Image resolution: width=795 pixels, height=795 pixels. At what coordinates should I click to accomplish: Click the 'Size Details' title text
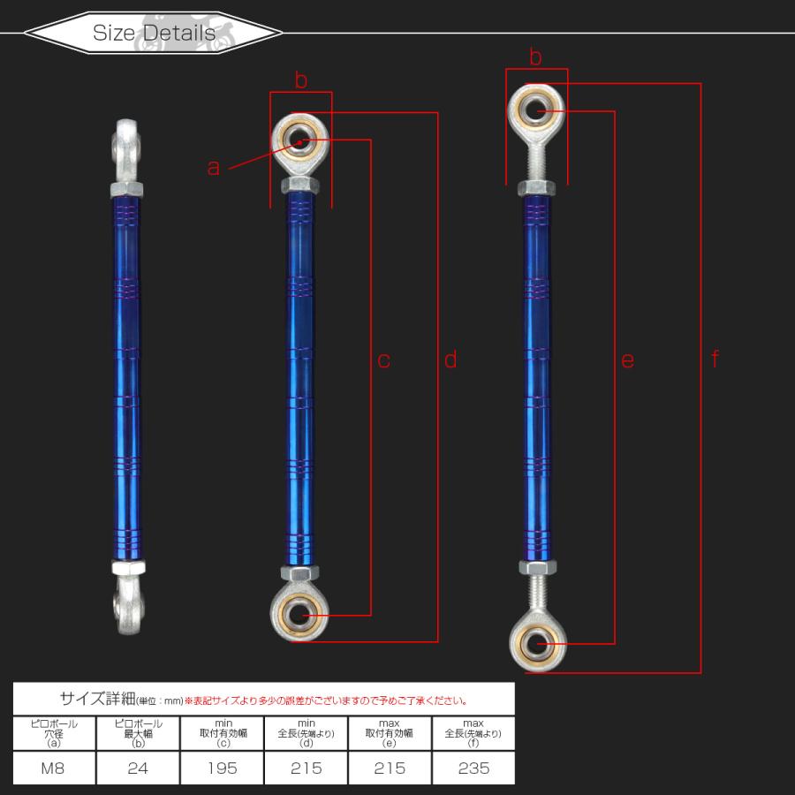154,34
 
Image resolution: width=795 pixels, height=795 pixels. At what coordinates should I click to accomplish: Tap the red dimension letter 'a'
214,167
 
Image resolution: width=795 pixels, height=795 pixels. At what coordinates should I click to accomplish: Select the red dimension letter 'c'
384,360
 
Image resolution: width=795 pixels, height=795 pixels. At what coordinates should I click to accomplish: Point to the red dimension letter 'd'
450,359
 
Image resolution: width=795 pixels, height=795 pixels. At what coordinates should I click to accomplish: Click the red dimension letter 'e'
628,360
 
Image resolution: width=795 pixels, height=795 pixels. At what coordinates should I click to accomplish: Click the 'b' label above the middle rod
301,80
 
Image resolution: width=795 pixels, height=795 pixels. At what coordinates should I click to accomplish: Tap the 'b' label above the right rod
535,57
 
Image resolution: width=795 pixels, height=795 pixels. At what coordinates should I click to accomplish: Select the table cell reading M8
53,768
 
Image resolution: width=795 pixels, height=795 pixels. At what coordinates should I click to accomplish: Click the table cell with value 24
138,768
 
